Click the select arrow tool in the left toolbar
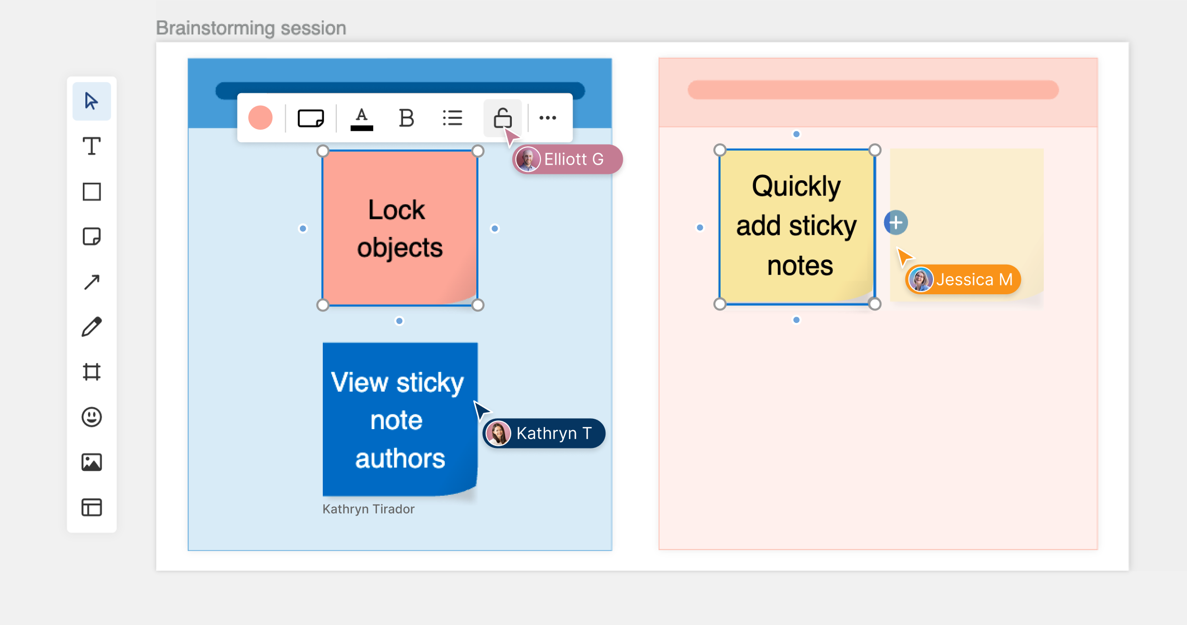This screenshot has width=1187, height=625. tap(92, 101)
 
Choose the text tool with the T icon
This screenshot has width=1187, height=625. tap(92, 146)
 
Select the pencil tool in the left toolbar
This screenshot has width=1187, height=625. tap(92, 327)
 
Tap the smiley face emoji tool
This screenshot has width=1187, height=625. tap(92, 417)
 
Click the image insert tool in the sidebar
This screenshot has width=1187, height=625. tap(92, 463)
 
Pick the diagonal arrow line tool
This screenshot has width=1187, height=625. tap(92, 282)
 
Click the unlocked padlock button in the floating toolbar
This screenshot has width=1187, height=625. tap(502, 118)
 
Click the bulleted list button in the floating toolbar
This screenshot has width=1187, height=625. tap(452, 118)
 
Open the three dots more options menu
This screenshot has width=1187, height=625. tap(548, 118)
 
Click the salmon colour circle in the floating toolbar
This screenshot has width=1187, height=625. tap(260, 118)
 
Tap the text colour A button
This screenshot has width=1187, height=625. tap(362, 119)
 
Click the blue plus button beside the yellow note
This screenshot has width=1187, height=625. tap(896, 223)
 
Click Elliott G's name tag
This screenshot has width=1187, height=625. tap(567, 159)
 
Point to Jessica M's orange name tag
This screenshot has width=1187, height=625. tap(963, 280)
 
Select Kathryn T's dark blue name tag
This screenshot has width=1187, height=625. tap(544, 433)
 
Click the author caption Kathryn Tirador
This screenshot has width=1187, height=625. tap(369, 509)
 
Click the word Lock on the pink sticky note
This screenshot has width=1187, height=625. tap(396, 210)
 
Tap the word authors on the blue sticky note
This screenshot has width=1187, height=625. tap(400, 459)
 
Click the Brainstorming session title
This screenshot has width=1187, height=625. tap(251, 28)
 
